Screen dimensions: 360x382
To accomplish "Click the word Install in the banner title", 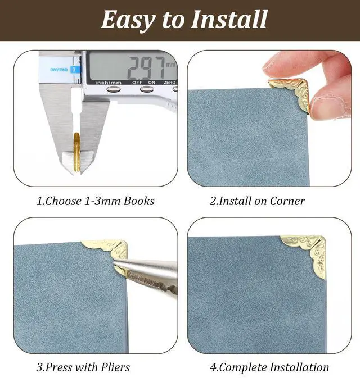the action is coord(229,19).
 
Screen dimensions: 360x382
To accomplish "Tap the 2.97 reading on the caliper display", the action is coord(146,67).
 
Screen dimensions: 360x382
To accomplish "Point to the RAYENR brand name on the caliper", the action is coord(58,70).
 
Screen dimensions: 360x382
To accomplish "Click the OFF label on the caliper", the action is coord(137,83).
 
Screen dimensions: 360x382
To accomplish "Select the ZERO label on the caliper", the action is coord(169,83).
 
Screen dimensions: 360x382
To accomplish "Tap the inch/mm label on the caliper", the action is coord(108,83).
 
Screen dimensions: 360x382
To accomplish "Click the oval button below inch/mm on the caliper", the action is coord(114,89).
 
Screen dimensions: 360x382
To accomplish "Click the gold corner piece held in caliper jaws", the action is coord(77,152).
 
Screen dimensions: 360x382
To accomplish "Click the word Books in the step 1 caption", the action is coord(139,201).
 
